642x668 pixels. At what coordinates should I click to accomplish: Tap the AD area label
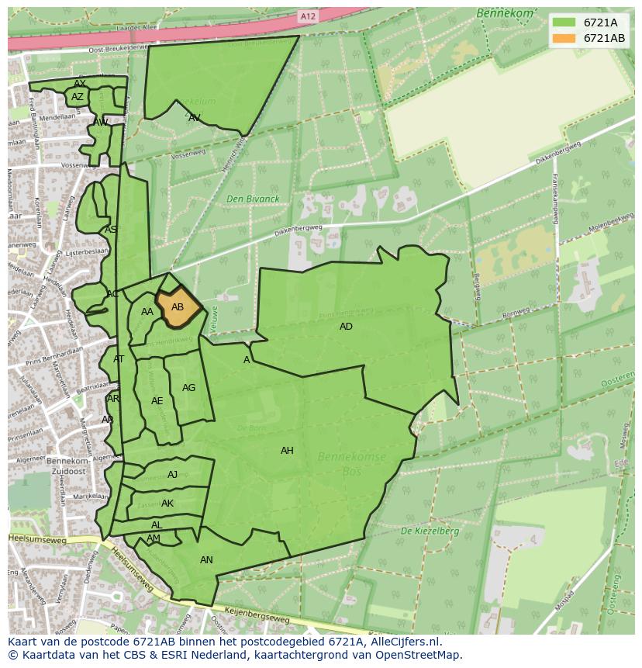pyautogui.click(x=346, y=327)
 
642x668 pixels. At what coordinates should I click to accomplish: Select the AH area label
pyautogui.click(x=287, y=451)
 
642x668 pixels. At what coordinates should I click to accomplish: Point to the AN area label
pyautogui.click(x=206, y=560)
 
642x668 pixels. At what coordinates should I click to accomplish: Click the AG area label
pyautogui.click(x=188, y=388)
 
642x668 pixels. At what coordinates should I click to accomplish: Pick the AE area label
pyautogui.click(x=157, y=401)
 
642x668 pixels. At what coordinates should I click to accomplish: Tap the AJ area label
pyautogui.click(x=172, y=475)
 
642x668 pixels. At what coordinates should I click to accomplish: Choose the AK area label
pyautogui.click(x=167, y=504)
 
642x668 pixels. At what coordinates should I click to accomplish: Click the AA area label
pyautogui.click(x=147, y=312)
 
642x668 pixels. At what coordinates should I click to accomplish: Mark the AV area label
pyautogui.click(x=195, y=118)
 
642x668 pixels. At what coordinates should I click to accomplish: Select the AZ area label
pyautogui.click(x=78, y=97)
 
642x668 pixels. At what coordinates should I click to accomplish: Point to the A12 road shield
pyautogui.click(x=309, y=16)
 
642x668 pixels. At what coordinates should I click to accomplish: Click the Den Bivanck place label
pyautogui.click(x=253, y=199)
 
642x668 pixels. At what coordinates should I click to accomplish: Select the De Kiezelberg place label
pyautogui.click(x=430, y=531)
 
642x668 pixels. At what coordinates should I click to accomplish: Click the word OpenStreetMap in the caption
pyautogui.click(x=415, y=655)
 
